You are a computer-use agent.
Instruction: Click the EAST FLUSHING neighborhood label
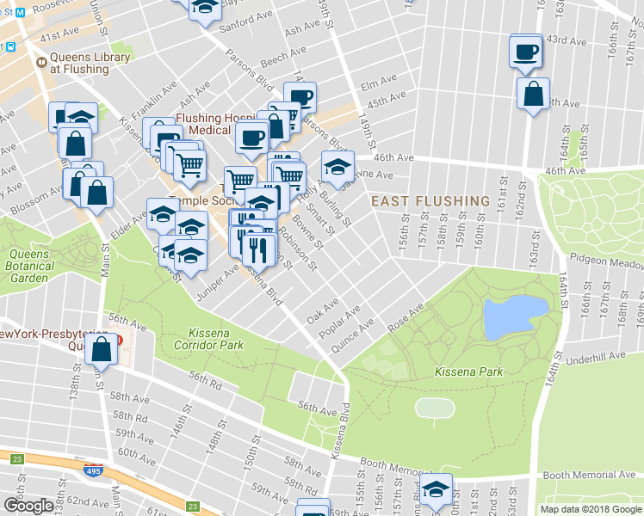point(430,201)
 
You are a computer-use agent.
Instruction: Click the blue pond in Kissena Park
point(515,317)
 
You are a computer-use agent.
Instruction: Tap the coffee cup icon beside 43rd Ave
point(526,52)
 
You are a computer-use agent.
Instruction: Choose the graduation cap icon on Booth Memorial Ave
point(436,489)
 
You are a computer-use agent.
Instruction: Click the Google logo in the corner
point(28,505)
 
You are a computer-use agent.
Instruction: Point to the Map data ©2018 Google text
point(591,509)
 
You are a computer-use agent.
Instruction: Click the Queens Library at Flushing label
point(93,63)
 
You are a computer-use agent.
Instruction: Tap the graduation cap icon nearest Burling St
point(338,164)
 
